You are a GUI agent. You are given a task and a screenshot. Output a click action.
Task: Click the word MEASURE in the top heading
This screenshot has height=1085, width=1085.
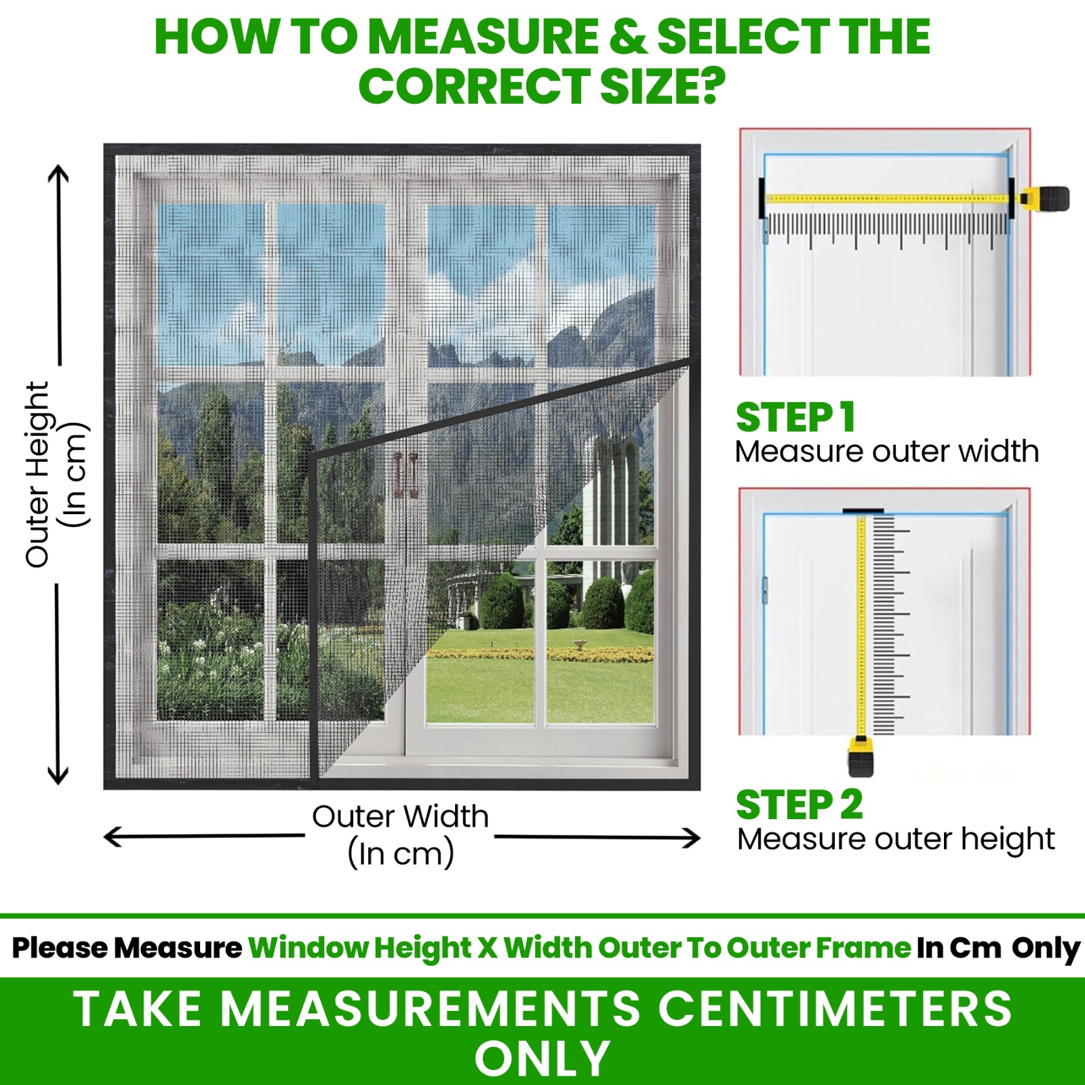pyautogui.click(x=484, y=37)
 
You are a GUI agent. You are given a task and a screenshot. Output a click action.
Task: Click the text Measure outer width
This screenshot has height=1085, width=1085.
pyautogui.click(x=886, y=452)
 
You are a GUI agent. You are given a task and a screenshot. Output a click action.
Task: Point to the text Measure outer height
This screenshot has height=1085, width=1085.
pyautogui.click(x=895, y=840)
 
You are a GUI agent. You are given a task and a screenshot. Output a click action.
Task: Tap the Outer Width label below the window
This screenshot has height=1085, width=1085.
pyautogui.click(x=400, y=816)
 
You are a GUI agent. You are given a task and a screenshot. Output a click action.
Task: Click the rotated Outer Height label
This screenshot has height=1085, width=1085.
pyautogui.click(x=38, y=475)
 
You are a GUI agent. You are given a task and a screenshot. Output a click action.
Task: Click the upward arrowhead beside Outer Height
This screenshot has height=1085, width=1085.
pyautogui.click(x=58, y=172)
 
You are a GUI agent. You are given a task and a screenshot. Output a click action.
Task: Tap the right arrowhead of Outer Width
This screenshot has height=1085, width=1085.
pyautogui.click(x=692, y=838)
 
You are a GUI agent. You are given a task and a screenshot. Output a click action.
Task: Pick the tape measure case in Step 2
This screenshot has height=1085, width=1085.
pyautogui.click(x=861, y=758)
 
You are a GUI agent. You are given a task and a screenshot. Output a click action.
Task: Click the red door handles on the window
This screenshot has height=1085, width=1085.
pyautogui.click(x=406, y=475)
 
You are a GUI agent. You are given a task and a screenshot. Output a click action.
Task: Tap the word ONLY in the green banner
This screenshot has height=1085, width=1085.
pyautogui.click(x=542, y=1059)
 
